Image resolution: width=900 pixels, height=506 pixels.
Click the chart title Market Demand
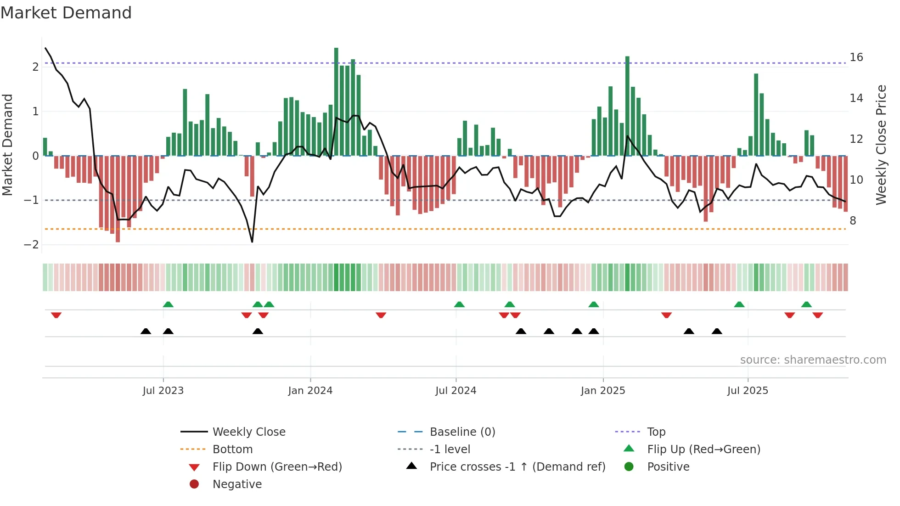(66, 13)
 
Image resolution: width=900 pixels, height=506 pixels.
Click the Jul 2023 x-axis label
(163, 391)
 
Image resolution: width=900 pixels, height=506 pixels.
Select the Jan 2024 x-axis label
(310, 391)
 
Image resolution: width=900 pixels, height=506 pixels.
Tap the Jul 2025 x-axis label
(748, 391)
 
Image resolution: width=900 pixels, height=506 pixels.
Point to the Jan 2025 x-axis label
(602, 391)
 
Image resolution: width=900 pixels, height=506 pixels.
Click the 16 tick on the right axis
(856, 57)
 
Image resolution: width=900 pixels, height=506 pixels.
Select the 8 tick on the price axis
(853, 221)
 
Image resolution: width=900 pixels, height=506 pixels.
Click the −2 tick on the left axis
(31, 245)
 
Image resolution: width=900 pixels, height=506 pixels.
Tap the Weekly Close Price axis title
(881, 145)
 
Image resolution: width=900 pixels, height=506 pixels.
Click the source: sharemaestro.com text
(813, 360)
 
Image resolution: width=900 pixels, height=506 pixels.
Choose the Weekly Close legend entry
(248, 432)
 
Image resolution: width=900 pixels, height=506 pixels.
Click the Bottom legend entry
(232, 450)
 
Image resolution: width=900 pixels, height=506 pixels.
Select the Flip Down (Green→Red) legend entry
(277, 467)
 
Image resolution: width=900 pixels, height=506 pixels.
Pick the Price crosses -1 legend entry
(517, 467)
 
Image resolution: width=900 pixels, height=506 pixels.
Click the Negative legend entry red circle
(194, 484)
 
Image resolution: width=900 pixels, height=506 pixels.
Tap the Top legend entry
(656, 432)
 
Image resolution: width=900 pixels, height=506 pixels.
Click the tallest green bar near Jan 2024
(336, 101)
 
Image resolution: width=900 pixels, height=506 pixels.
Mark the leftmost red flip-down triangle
(56, 315)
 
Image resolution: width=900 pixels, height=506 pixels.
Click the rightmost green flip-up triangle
(806, 304)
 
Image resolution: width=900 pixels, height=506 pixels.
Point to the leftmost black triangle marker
(146, 332)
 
